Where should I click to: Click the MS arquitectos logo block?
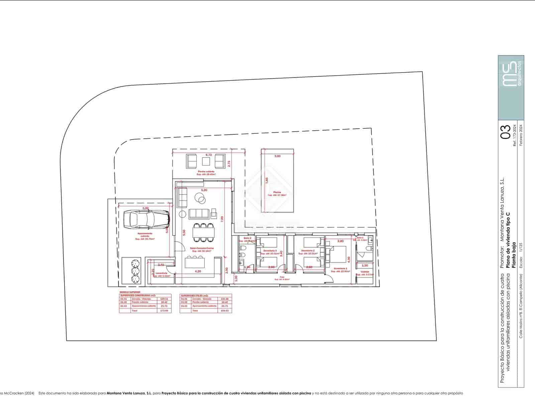coord(511,88)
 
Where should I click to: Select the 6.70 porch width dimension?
coord(209,155)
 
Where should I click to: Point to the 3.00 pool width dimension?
coord(278,156)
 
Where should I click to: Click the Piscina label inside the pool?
coord(277,192)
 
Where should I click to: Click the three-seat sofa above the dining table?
coord(199,214)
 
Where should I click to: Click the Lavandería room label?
coord(161,273)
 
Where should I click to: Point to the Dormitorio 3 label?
coord(270,251)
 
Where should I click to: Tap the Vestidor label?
coord(365,272)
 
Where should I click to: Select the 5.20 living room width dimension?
coord(204,190)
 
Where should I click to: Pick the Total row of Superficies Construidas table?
coord(145,311)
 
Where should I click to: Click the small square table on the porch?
coord(206,161)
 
